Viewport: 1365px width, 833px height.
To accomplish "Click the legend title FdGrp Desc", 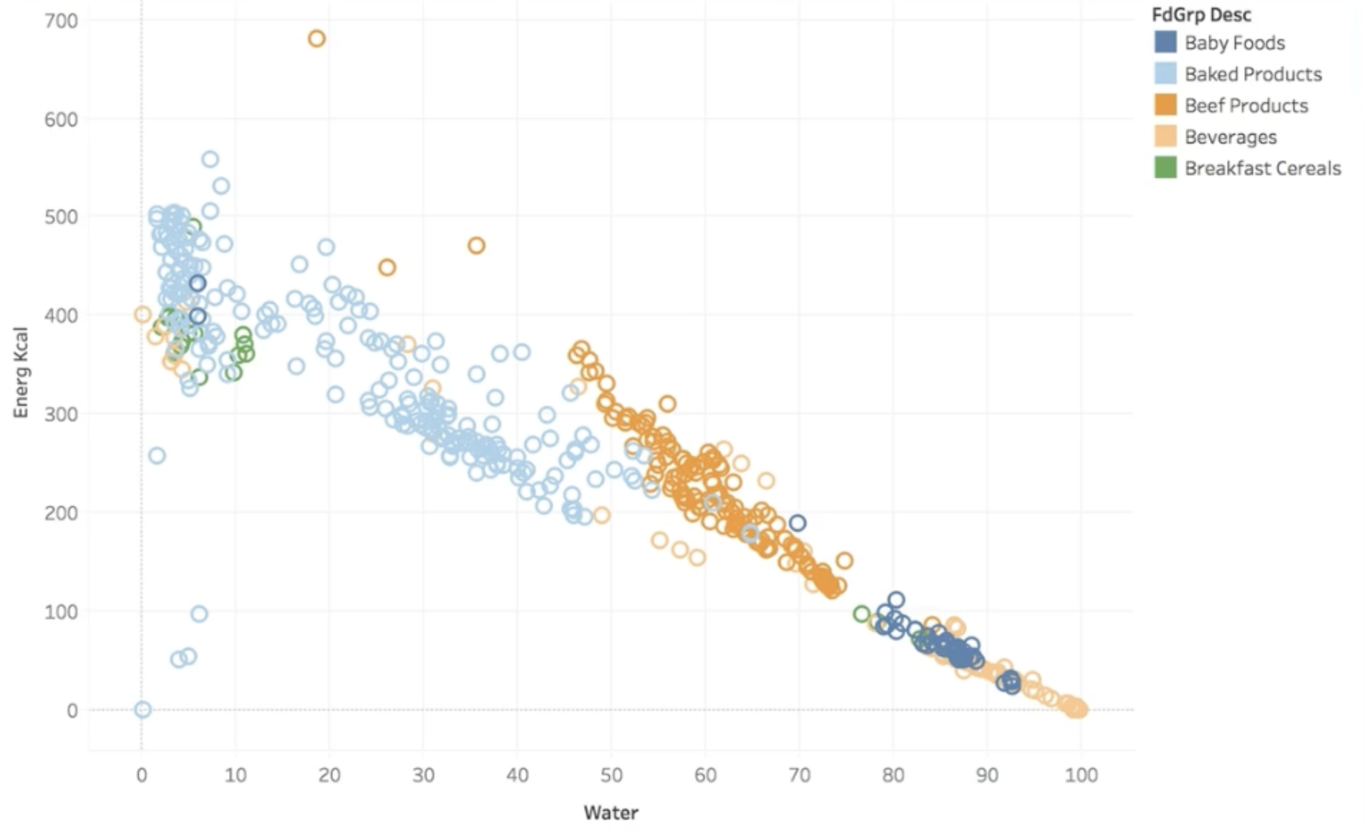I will click(1201, 15).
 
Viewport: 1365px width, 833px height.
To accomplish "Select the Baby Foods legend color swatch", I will click(1165, 42).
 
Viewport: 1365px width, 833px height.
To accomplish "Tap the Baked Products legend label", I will click(1253, 74).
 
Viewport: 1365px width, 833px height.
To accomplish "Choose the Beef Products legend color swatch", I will click(1165, 105).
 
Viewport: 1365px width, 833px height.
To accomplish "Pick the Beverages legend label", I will click(1230, 137).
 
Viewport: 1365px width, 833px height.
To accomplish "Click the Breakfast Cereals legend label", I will click(1263, 168).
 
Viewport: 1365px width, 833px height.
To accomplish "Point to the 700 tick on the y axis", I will click(61, 21).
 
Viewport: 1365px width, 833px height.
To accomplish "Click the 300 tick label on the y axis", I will click(61, 414).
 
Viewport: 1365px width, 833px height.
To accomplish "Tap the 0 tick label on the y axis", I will click(72, 710).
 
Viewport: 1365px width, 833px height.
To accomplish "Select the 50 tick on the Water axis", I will click(612, 775).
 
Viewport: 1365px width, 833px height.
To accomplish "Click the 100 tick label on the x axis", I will click(1081, 775).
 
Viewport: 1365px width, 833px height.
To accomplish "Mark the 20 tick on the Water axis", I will click(329, 775).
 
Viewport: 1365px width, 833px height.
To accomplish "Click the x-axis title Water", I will click(611, 812).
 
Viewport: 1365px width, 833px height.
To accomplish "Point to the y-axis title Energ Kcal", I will click(21, 372).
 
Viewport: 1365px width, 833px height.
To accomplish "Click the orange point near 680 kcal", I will click(316, 39).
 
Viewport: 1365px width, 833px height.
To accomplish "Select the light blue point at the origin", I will click(142, 709).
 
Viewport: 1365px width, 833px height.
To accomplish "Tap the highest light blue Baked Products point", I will click(210, 159).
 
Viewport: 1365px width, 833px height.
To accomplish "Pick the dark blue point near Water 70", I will click(797, 523).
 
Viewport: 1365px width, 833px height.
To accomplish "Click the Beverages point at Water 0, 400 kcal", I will click(142, 314).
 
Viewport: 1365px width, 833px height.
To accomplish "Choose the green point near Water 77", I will click(861, 614).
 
